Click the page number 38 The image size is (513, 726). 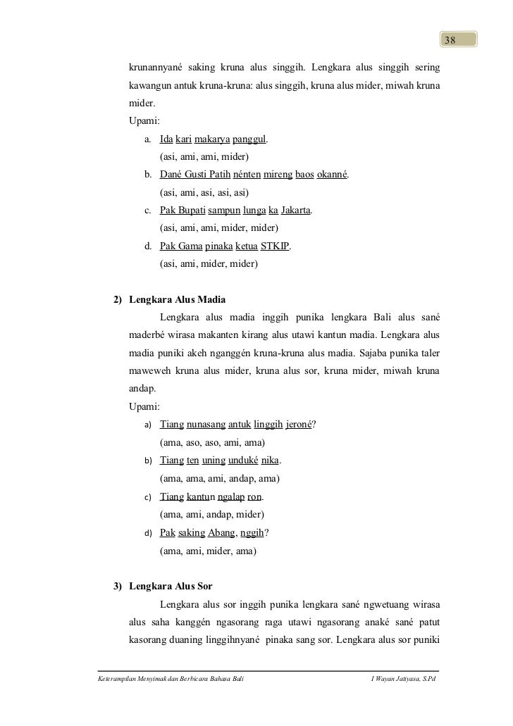(450, 39)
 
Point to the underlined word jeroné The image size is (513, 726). (302, 425)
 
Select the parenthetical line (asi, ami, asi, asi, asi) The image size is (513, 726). (204, 192)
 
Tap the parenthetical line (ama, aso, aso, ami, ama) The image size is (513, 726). (212, 443)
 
